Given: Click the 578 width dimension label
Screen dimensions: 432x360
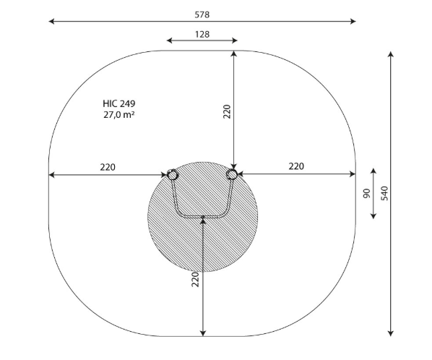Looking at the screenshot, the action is pyautogui.click(x=202, y=14).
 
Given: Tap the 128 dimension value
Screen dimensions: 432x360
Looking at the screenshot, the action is pyautogui.click(x=202, y=34).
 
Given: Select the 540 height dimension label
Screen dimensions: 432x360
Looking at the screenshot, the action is pyautogui.click(x=384, y=193).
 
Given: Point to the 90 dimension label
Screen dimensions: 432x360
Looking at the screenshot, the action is pyautogui.click(x=367, y=193).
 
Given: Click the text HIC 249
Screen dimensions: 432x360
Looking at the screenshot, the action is pyautogui.click(x=119, y=103).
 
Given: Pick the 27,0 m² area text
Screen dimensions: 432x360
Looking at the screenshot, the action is pyautogui.click(x=119, y=114).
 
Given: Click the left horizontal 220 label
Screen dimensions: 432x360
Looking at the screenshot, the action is pyautogui.click(x=108, y=167).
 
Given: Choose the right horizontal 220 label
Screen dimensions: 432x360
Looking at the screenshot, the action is pyautogui.click(x=296, y=166).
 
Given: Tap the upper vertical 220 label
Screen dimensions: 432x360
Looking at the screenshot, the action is pyautogui.click(x=227, y=111).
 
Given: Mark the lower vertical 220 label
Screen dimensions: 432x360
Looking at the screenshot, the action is pyautogui.click(x=195, y=280).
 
